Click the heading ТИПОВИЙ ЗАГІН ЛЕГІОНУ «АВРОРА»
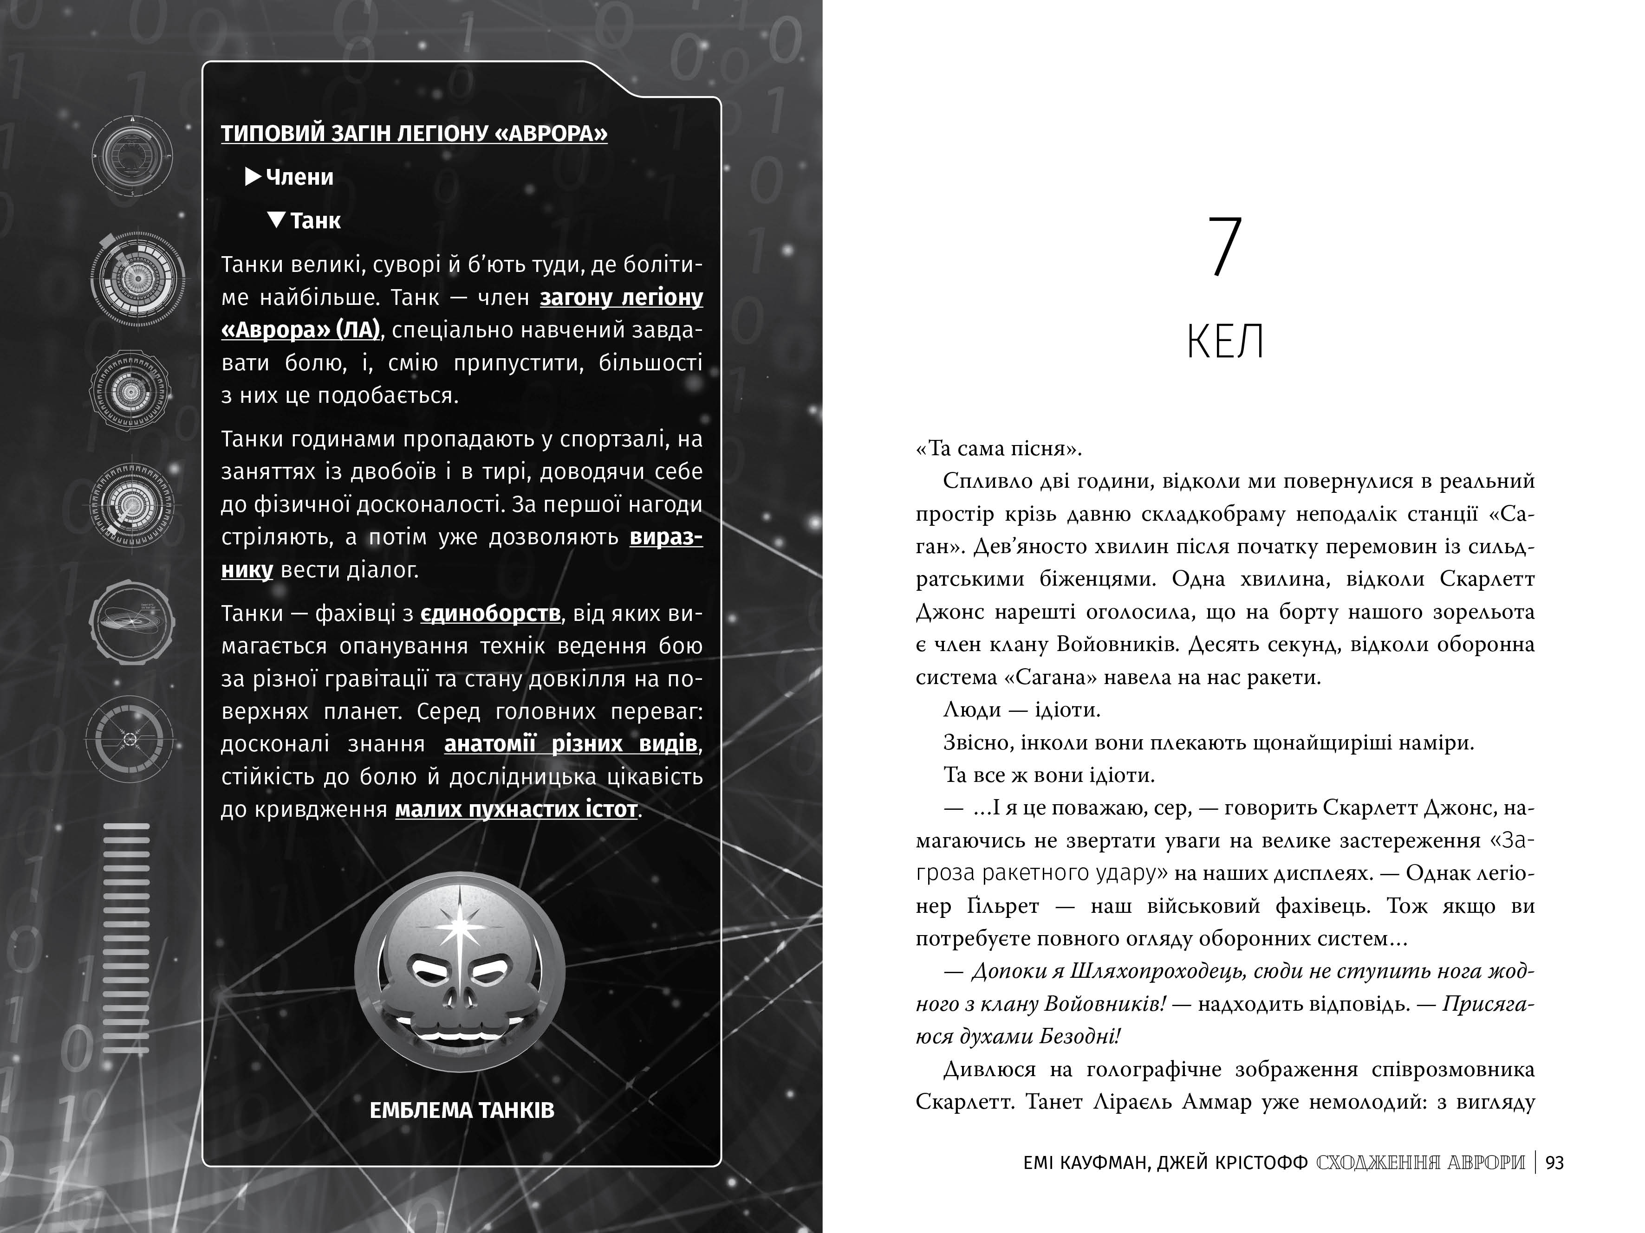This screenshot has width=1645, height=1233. tap(414, 134)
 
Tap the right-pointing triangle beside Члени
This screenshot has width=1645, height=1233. tap(253, 177)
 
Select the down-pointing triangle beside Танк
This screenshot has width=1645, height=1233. tap(277, 220)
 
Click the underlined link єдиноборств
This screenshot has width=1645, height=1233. tap(490, 614)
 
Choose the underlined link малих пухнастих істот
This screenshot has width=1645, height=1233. tap(516, 809)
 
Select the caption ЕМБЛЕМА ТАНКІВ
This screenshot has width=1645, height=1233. tap(462, 1111)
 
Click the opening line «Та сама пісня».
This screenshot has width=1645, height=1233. tap(998, 449)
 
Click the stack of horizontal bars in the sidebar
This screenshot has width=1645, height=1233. tap(126, 938)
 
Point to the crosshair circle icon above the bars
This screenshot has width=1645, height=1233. tap(130, 740)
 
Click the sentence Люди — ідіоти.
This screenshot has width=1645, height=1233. tap(1021, 710)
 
